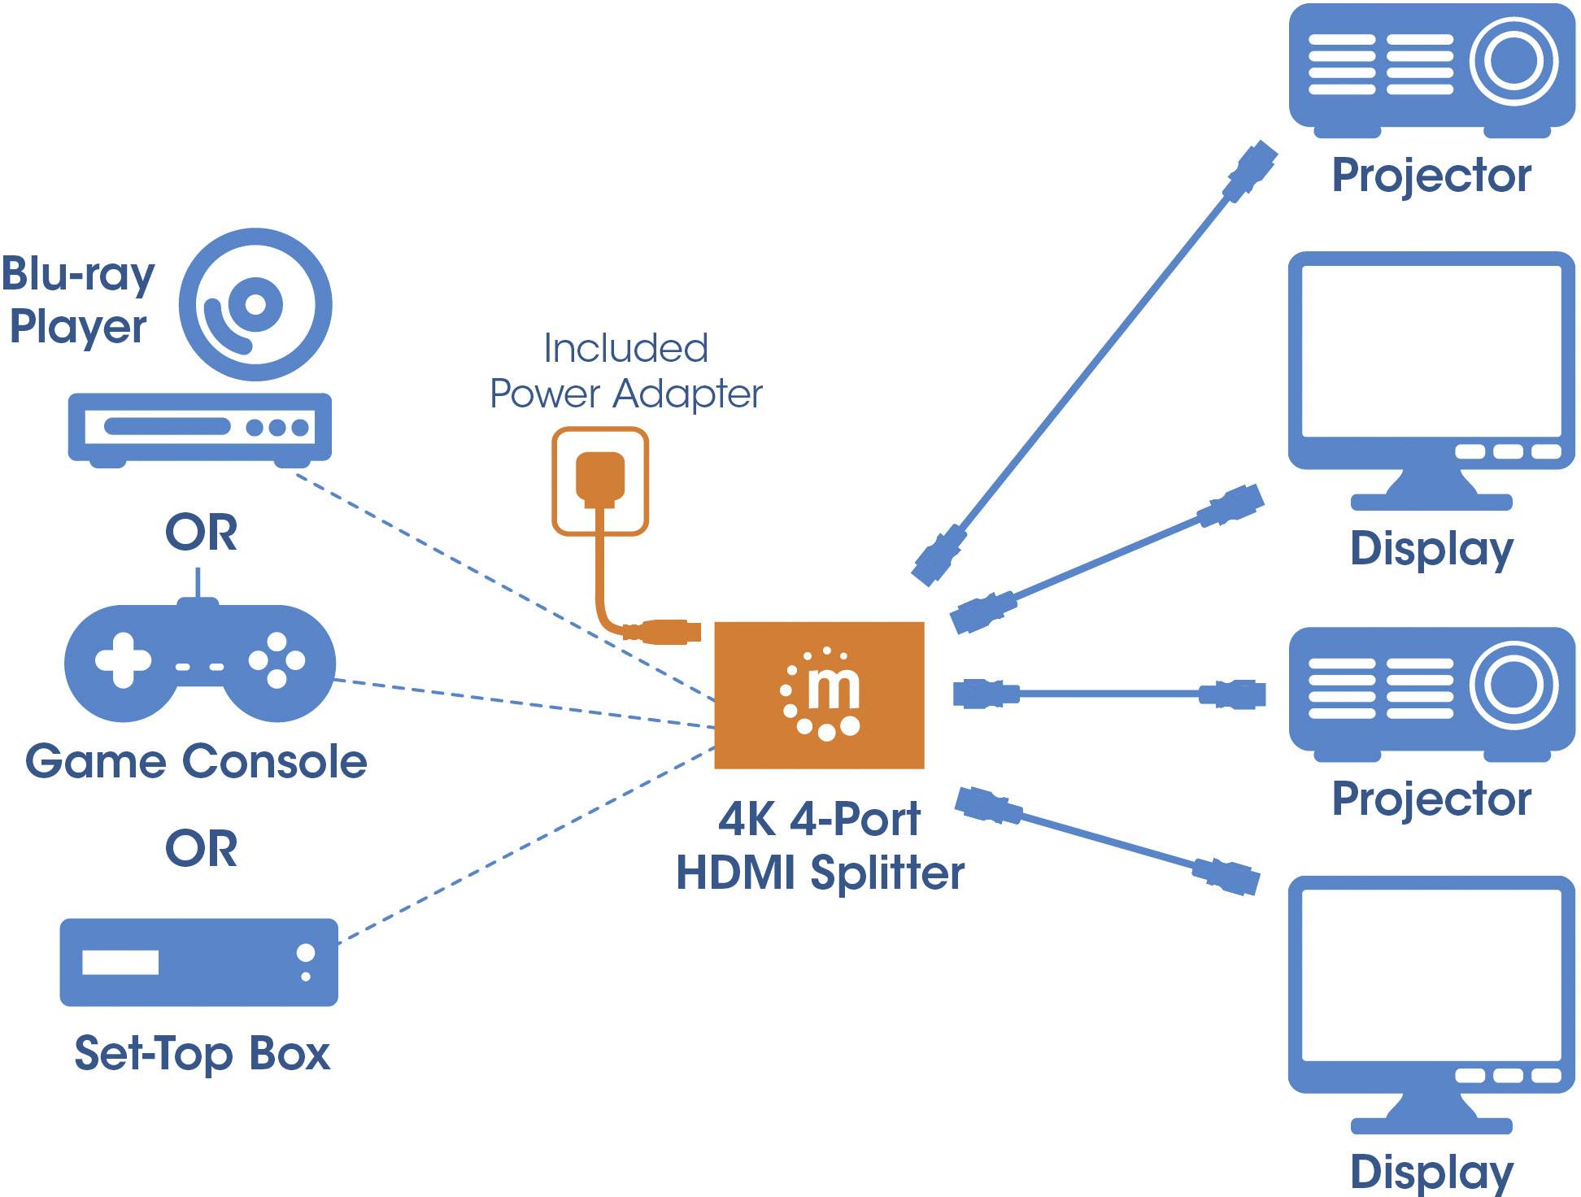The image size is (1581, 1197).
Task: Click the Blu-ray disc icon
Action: coord(255,304)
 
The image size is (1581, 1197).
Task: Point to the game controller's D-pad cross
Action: coord(123,659)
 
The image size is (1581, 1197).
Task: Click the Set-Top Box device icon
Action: coord(198,962)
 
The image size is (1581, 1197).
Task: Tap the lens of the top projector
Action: coord(1513,61)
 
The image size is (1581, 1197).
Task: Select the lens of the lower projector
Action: coord(1513,685)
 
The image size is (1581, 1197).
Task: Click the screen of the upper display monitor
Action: coord(1431,351)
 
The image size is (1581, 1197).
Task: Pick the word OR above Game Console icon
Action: coord(201,533)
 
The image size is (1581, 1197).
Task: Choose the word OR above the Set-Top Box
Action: coord(201,849)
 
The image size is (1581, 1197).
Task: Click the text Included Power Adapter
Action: coord(625,372)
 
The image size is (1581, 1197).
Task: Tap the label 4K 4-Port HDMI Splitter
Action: coord(820,846)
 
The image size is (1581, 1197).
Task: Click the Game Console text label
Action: coord(196,762)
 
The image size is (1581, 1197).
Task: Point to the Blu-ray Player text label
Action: coord(77,300)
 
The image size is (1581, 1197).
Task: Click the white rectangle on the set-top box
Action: coord(120,962)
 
